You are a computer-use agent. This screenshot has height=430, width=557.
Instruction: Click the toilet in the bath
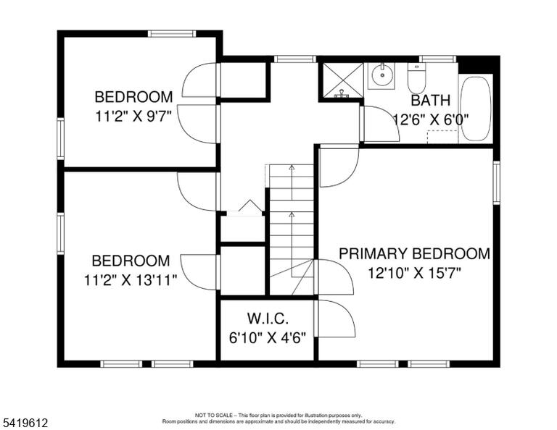point(416,78)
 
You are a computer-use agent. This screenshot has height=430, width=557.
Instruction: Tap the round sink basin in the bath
point(381,75)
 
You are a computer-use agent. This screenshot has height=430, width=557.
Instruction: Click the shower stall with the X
point(343,80)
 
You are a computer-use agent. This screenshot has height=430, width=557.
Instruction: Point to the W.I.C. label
point(268,319)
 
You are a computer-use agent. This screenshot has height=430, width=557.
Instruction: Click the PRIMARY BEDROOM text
point(414,254)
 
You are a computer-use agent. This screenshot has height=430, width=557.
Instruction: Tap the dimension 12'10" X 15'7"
point(414,273)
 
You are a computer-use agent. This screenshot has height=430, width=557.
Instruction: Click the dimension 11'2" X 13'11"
point(131,280)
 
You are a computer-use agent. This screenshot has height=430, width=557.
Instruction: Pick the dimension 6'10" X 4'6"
point(268,338)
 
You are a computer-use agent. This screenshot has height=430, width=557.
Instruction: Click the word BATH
point(431,101)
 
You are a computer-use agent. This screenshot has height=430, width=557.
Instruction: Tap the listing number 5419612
point(25,423)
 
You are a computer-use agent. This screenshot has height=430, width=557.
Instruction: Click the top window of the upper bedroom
point(172,34)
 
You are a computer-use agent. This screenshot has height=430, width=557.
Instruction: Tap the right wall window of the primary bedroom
point(496,182)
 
